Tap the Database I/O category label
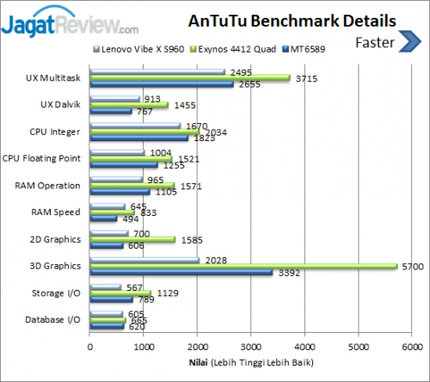[x=54, y=320]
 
